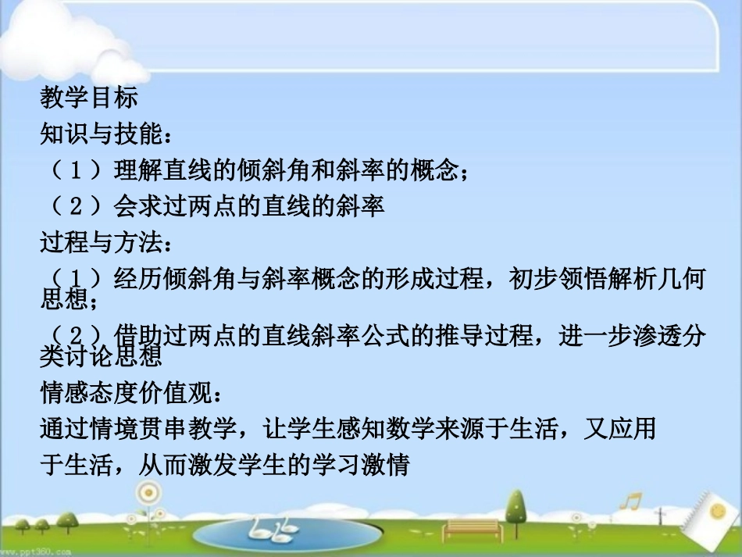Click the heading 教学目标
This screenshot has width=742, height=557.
89,98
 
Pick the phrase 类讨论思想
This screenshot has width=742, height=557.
101,356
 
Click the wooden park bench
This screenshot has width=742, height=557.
470,530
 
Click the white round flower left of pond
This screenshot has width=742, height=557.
147,494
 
